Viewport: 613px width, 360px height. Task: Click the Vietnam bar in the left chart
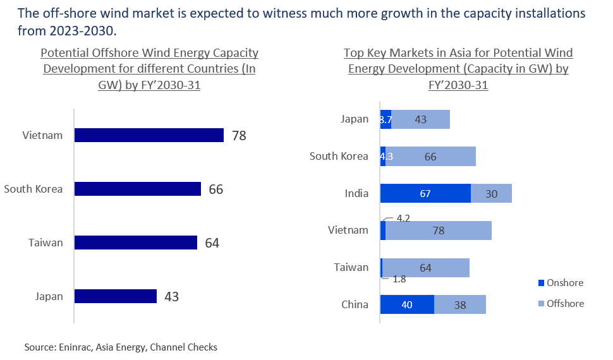149,136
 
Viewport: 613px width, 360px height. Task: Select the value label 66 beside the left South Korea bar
215,189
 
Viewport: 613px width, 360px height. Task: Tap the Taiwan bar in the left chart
135,243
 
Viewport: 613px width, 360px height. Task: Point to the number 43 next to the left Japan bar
171,296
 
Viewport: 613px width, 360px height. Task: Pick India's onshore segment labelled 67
425,194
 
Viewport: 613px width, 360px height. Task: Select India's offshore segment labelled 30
491,194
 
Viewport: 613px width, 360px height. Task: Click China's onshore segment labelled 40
407,304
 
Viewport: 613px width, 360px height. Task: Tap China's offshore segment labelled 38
460,304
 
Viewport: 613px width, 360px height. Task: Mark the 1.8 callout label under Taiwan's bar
399,279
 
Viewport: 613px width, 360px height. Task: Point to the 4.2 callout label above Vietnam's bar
403,219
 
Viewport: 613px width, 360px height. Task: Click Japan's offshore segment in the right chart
420,119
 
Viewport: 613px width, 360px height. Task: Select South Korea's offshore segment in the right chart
430,157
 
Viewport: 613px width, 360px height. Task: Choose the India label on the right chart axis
357,193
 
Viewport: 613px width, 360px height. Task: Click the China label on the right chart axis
355,304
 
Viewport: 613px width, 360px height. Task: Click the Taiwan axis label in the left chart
46,243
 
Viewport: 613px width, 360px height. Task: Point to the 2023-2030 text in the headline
55,30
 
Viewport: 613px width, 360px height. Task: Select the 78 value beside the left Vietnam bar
238,136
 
